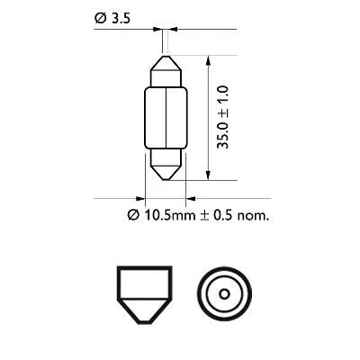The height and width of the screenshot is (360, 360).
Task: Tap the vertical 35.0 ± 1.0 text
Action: click(225, 115)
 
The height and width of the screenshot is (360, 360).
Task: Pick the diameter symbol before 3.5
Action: click(99, 16)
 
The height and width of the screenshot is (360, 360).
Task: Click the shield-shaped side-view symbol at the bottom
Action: click(145, 294)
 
